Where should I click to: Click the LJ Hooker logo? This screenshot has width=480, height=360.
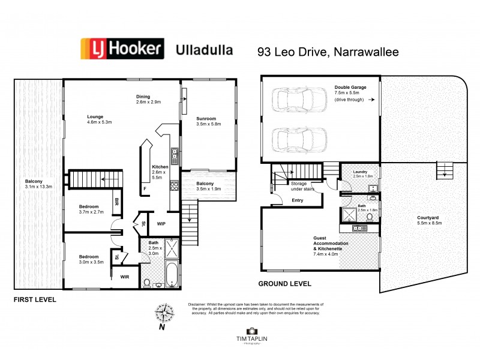pyautogui.click(x=122, y=49)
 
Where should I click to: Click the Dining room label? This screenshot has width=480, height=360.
pyautogui.click(x=142, y=95)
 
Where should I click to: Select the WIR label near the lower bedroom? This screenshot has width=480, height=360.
pyautogui.click(x=125, y=277)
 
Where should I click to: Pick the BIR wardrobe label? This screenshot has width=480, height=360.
pyautogui.click(x=117, y=202)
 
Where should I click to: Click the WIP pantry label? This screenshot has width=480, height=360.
pyautogui.click(x=161, y=224)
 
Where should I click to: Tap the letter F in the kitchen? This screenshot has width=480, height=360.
pyautogui.click(x=145, y=188)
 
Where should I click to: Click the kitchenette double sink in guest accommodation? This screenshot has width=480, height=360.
pyautogui.click(x=359, y=227)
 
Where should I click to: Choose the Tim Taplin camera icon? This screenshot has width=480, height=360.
pyautogui.click(x=251, y=331)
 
